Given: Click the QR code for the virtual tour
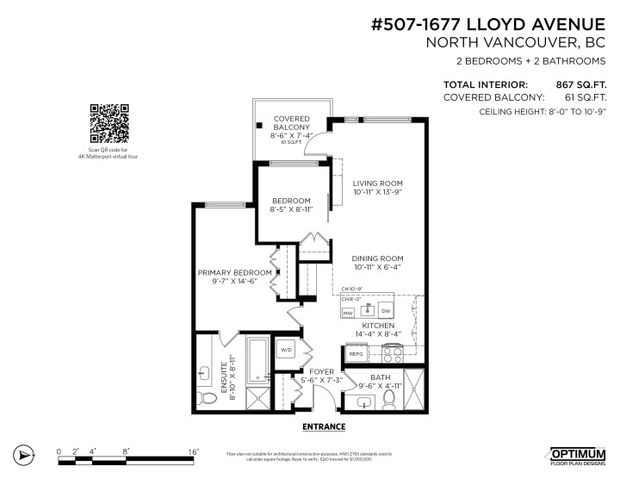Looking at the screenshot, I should [x=109, y=123].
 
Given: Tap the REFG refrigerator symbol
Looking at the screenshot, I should [x=356, y=353].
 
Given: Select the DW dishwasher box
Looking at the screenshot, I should [x=386, y=311].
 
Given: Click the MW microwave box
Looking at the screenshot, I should [x=349, y=311].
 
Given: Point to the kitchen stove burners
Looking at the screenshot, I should [x=392, y=351].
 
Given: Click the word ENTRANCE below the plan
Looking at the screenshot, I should [x=324, y=426].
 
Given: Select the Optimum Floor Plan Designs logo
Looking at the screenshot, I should [x=580, y=454].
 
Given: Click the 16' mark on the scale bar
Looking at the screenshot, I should [x=195, y=451].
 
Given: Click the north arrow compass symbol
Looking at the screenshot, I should [x=24, y=454].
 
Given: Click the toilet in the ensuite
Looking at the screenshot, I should [x=207, y=397].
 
